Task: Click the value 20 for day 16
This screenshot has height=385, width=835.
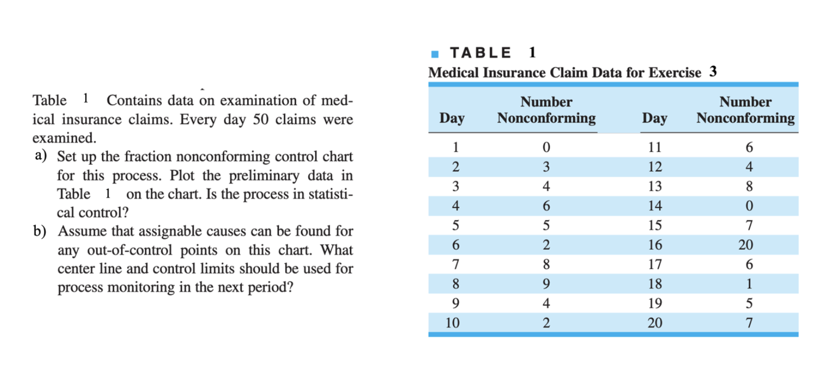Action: tap(745, 245)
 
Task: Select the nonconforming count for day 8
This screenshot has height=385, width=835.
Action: tap(546, 284)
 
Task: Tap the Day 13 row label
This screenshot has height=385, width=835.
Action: tap(654, 186)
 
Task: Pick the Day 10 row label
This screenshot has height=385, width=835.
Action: tap(452, 323)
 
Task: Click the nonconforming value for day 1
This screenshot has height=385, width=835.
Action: tap(546, 147)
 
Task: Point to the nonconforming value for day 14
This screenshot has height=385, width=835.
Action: tap(749, 206)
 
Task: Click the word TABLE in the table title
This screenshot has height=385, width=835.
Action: tap(480, 53)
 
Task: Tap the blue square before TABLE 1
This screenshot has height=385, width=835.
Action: tap(435, 54)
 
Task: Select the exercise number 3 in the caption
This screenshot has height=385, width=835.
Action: tap(712, 72)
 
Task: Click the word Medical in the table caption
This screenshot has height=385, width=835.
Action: tap(453, 73)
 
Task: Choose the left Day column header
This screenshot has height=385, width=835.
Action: tap(452, 118)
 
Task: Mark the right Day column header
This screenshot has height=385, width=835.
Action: tap(654, 118)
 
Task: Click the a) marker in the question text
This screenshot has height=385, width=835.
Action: tap(40, 155)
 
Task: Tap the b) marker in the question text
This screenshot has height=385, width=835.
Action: tap(40, 231)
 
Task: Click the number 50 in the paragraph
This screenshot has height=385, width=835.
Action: tap(261, 119)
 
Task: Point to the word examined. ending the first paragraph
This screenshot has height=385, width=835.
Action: tap(64, 138)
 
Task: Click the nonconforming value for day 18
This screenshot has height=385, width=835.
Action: tap(749, 284)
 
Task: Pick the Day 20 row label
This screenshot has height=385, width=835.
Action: tap(654, 323)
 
